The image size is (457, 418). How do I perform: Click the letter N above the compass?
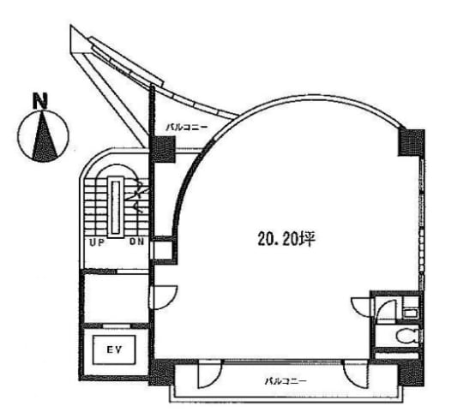(40, 101)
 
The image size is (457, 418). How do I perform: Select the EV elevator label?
(114, 350)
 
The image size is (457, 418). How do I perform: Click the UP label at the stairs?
(97, 242)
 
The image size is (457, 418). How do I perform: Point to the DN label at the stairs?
(137, 242)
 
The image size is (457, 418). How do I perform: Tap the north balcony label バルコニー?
(187, 128)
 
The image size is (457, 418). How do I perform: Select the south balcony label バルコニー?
(286, 381)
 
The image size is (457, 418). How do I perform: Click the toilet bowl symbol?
(408, 337)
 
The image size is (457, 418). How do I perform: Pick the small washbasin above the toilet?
(411, 313)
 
